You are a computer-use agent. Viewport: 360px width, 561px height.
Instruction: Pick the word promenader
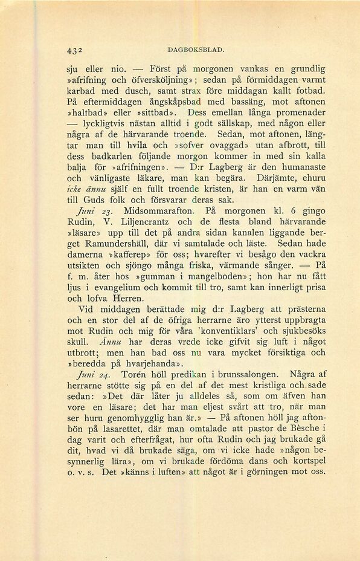[296, 112]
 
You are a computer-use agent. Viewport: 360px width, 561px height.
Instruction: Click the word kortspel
[306, 462]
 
